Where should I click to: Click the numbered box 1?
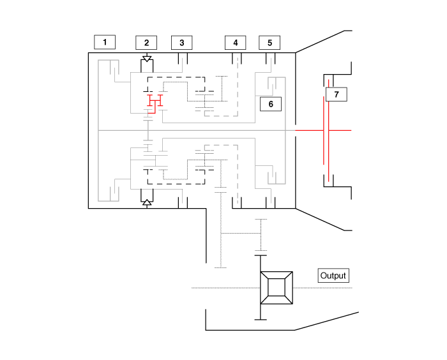[x=105, y=43]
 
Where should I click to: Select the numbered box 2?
[x=146, y=43]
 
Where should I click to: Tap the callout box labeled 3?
[x=182, y=43]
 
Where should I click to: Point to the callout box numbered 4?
[x=235, y=43]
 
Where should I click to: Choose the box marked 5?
[x=269, y=43]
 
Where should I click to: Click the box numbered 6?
[x=270, y=103]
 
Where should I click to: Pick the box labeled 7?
[x=336, y=94]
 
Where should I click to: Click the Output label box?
[x=333, y=276]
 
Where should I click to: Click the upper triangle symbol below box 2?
[x=147, y=59]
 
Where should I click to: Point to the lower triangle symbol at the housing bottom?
[x=147, y=202]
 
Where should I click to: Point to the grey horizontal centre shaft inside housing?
[x=192, y=130]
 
